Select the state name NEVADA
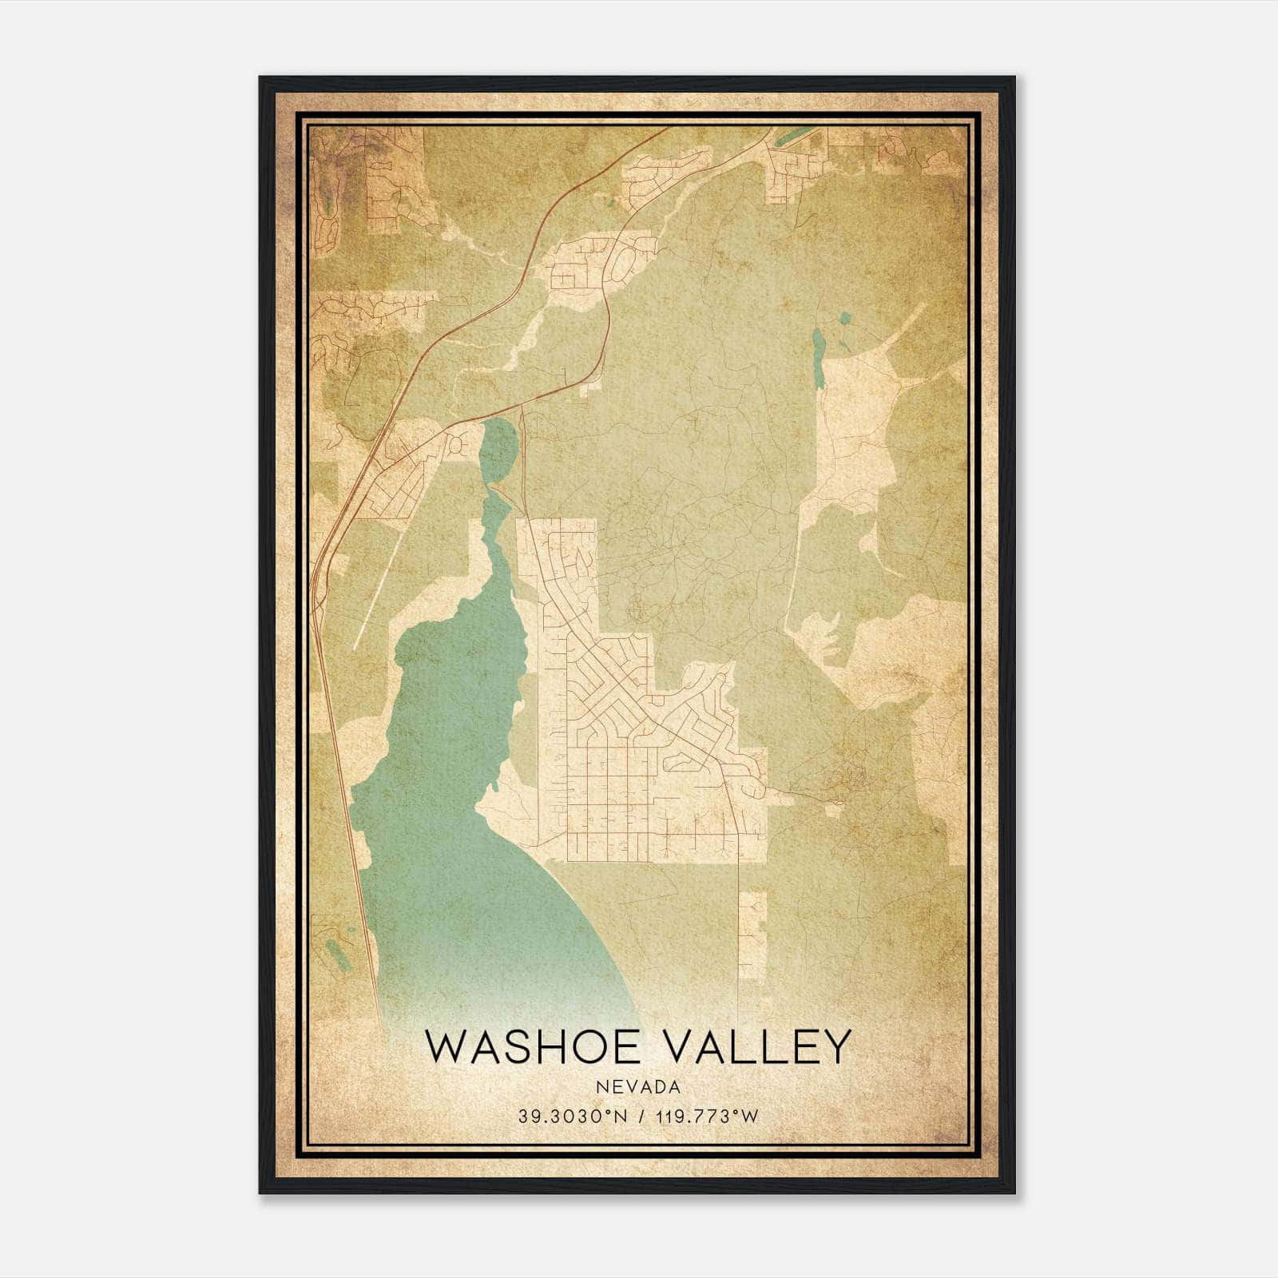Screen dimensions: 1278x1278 click(x=638, y=1087)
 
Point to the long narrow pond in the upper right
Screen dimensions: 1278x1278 click(x=817, y=359)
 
